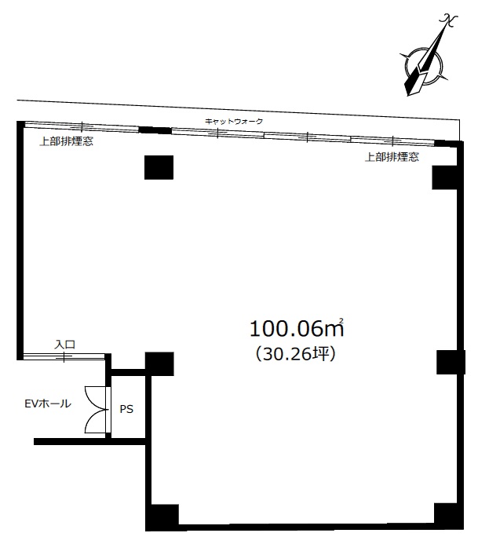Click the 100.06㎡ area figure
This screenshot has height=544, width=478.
[297, 328]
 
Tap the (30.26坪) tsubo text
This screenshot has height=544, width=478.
[296, 354]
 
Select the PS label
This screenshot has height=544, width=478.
[126, 409]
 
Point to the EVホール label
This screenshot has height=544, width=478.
[48, 403]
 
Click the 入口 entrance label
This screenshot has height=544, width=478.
[65, 345]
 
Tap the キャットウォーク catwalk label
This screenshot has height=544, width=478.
[234, 122]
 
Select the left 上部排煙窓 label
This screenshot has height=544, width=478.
[66, 141]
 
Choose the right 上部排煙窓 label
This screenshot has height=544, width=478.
[392, 157]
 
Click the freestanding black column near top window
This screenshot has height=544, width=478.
[159, 167]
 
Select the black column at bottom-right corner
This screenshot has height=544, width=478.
[448, 516]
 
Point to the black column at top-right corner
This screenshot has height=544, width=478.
[445, 177]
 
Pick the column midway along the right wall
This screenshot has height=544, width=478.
[451, 362]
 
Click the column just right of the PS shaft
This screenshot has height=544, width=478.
[159, 364]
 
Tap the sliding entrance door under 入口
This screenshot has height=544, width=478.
[64, 356]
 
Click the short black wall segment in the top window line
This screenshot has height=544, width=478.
[155, 130]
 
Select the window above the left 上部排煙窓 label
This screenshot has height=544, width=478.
[82, 126]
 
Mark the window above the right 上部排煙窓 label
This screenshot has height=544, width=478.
[392, 141]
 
